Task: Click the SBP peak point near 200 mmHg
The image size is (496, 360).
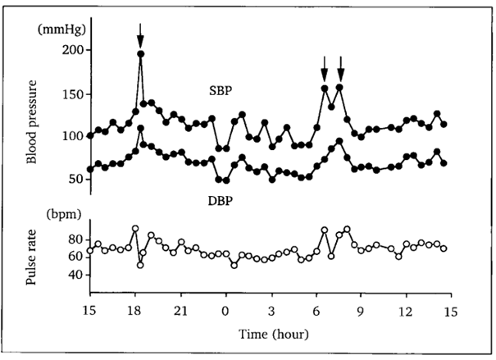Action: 141,54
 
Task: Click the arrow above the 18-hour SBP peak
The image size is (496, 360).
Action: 141,34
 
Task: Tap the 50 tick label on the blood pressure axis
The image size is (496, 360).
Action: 75,179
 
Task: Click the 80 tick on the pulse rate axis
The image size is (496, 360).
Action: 75,239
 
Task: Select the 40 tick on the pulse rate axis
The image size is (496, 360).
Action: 75,275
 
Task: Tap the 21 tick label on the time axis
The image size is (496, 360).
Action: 180,312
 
